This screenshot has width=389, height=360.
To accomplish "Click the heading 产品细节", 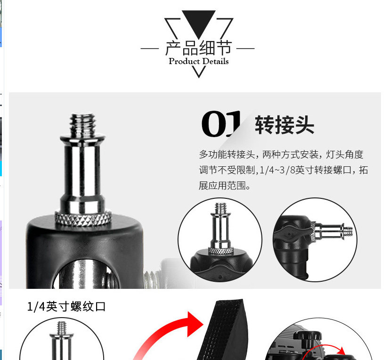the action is [x=198, y=48].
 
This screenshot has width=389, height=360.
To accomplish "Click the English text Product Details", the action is [x=198, y=61].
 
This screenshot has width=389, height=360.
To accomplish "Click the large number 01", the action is [x=221, y=123].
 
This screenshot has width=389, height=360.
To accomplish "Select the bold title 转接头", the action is [x=284, y=125].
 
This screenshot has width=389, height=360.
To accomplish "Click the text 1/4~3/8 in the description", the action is [x=277, y=170].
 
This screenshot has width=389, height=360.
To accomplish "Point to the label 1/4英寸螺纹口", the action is [x=66, y=306].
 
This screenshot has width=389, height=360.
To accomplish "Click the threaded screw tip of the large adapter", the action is [x=83, y=124].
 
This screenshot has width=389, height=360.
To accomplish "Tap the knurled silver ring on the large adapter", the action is [x=83, y=218].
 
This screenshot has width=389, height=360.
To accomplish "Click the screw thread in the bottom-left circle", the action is [x=62, y=328].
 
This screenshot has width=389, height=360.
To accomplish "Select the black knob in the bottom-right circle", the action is [x=307, y=335].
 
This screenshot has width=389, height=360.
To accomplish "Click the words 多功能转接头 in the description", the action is [x=227, y=155].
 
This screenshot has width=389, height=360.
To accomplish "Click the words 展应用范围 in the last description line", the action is [x=222, y=186].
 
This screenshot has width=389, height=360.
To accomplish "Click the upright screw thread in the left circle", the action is [x=220, y=208].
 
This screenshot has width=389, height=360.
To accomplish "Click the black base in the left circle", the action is [x=221, y=265].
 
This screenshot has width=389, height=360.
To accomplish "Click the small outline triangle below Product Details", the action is [x=198, y=72].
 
